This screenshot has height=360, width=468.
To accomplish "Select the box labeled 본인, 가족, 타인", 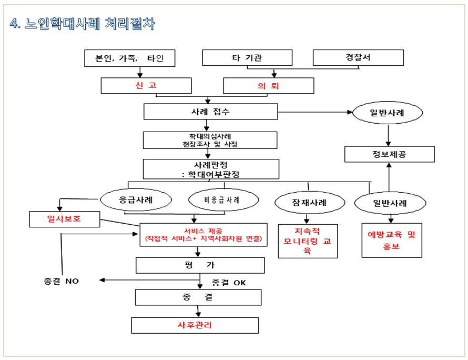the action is coord(129,58).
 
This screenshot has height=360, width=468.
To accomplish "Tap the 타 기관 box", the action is coord(247,58).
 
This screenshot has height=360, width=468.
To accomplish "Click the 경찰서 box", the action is coord(358,58).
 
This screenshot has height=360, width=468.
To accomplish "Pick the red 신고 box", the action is coord(146,86).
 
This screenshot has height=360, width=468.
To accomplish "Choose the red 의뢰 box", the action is coord(269,86).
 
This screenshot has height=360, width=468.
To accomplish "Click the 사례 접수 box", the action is coord(211,112).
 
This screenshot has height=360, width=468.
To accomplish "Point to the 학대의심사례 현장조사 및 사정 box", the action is coord(210,140).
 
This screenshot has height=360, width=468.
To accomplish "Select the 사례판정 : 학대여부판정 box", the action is coord(211,169).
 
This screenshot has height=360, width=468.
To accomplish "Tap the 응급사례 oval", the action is coord(136,199).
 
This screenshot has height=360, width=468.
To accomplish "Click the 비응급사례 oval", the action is coord(223,199).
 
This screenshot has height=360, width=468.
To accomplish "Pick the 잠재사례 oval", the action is coord(310,203).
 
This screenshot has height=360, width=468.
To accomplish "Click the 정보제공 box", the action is coord(390,154).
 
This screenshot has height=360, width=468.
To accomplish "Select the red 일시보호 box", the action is coord(65,219).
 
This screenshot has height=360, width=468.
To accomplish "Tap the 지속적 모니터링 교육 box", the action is coord(308,241).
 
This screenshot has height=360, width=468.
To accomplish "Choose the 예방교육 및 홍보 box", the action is coord(392,240).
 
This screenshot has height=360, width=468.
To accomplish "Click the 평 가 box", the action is coord(200,265).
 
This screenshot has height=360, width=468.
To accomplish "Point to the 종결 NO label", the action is coord(61,281).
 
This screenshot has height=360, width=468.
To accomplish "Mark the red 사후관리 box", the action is coord(195,325).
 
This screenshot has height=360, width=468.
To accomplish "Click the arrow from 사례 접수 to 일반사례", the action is coord(315,112).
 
